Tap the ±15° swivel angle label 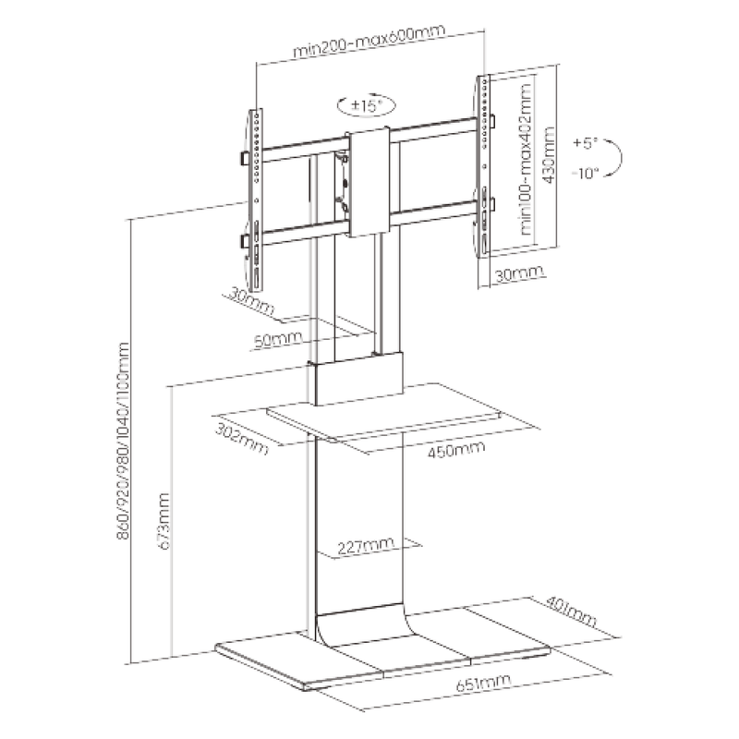click(x=366, y=104)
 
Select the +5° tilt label click(x=585, y=142)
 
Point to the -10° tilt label click(x=585, y=174)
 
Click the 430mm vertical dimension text click(x=548, y=155)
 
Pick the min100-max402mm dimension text click(x=526, y=159)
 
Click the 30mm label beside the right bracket click(x=518, y=273)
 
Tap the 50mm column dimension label click(x=278, y=339)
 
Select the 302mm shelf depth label click(x=242, y=439)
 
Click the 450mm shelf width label click(x=455, y=449)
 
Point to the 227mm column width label click(x=365, y=546)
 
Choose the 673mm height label click(x=164, y=521)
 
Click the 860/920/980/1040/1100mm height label click(x=123, y=442)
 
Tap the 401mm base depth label click(x=571, y=612)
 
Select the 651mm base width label click(x=483, y=683)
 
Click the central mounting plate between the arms click(x=369, y=182)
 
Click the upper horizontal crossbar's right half click(x=434, y=129)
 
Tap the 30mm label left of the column click(x=250, y=301)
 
